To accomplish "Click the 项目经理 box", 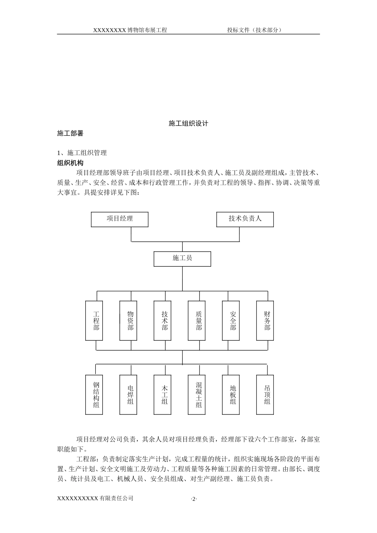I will coord(119,219).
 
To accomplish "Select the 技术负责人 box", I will coord(245,219).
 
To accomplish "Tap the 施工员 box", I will coord(182,259).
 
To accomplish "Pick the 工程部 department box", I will coord(96,320).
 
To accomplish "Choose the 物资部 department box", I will coord(131,320).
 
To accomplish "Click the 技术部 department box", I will coord(165,320).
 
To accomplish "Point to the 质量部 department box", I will coord(199,320).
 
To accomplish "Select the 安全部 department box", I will coord(233,320).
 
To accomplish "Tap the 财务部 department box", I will coord(267,320).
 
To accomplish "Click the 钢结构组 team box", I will coord(96,395).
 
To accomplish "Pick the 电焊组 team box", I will coord(131,395).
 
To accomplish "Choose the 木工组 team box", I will coord(165,395).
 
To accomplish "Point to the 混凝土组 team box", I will coord(199,395).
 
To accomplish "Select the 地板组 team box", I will coord(233,395).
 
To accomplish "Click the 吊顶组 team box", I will coord(267,395).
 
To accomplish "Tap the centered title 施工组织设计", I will coord(188,123).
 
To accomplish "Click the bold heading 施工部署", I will coord(70,134).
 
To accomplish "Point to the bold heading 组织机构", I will coord(70,163).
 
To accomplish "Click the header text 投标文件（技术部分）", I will coord(254,30).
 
